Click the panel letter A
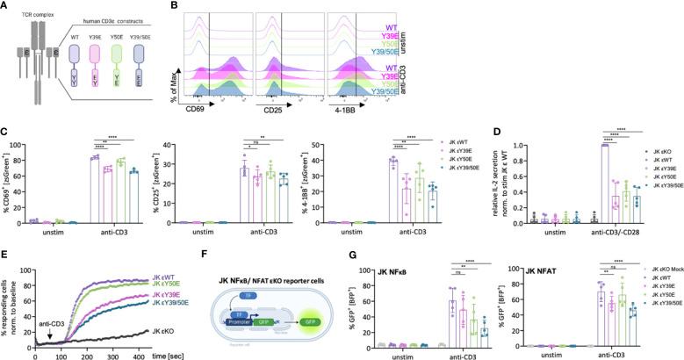click(x=6, y=6)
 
